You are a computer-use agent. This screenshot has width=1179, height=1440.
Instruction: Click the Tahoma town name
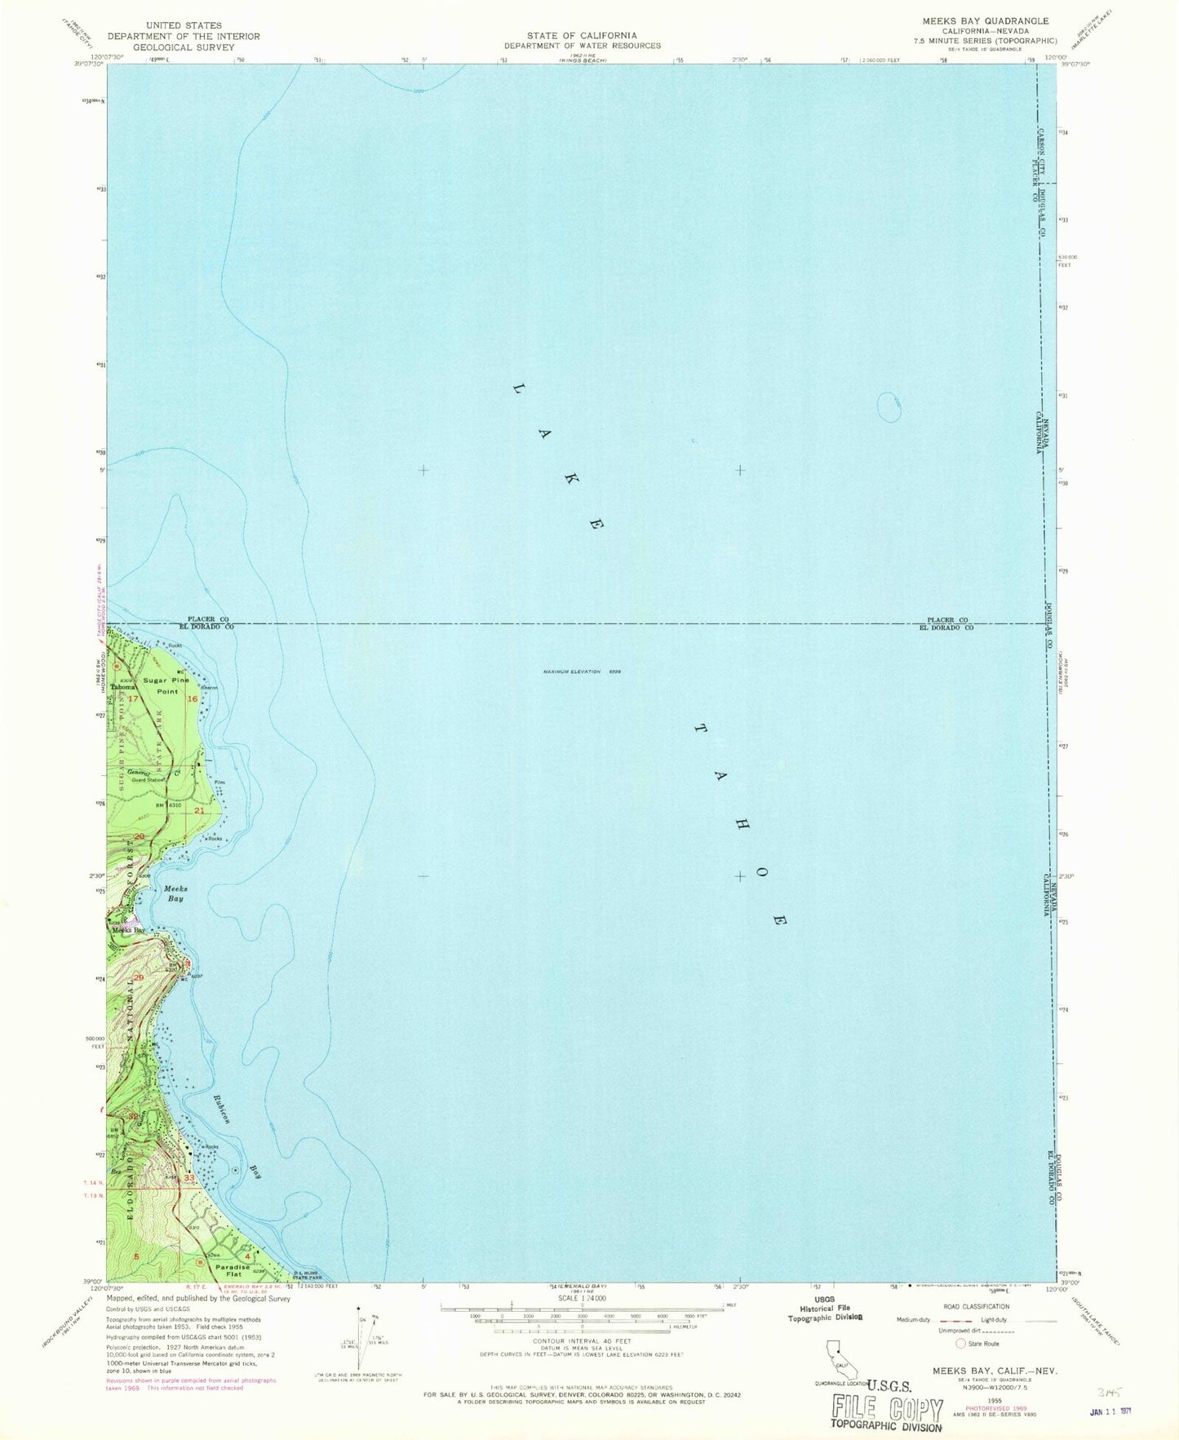(x=123, y=686)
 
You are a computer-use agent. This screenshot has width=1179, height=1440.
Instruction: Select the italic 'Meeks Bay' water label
(x=174, y=893)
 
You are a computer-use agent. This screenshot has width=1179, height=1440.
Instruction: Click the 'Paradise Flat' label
(x=232, y=1271)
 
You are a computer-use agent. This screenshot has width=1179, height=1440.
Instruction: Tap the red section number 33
(x=189, y=1178)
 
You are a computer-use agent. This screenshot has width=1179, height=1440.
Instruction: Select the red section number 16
(x=193, y=699)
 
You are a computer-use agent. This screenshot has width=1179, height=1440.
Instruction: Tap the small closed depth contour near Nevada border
(x=889, y=407)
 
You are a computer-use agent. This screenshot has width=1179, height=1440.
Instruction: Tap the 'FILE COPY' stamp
(x=886, y=1408)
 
